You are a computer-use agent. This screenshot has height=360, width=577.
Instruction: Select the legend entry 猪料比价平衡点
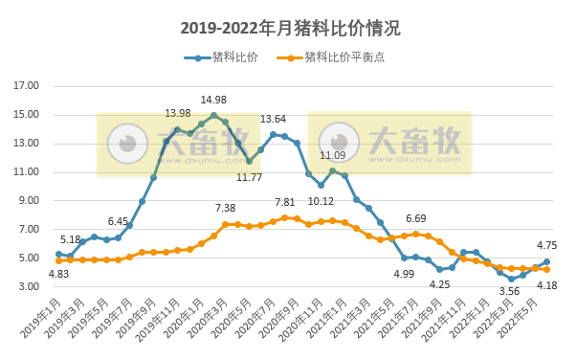[x=344, y=57]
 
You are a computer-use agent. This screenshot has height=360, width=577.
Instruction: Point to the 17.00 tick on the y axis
[x=26, y=86]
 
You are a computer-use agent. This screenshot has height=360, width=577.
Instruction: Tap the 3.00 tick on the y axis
[x=29, y=287]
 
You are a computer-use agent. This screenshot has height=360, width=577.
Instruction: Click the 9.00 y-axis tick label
[x=29, y=201]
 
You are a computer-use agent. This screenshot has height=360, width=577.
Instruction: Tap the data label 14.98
[x=213, y=101]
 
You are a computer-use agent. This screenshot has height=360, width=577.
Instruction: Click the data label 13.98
[x=178, y=114]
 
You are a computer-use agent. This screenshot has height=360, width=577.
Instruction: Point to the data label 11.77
[x=249, y=177]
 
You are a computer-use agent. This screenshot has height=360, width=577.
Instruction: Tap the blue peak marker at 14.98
[x=213, y=115]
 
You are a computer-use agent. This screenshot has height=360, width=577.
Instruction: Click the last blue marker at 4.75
[x=547, y=261]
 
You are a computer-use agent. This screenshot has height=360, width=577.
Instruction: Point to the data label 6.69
[x=415, y=219]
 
